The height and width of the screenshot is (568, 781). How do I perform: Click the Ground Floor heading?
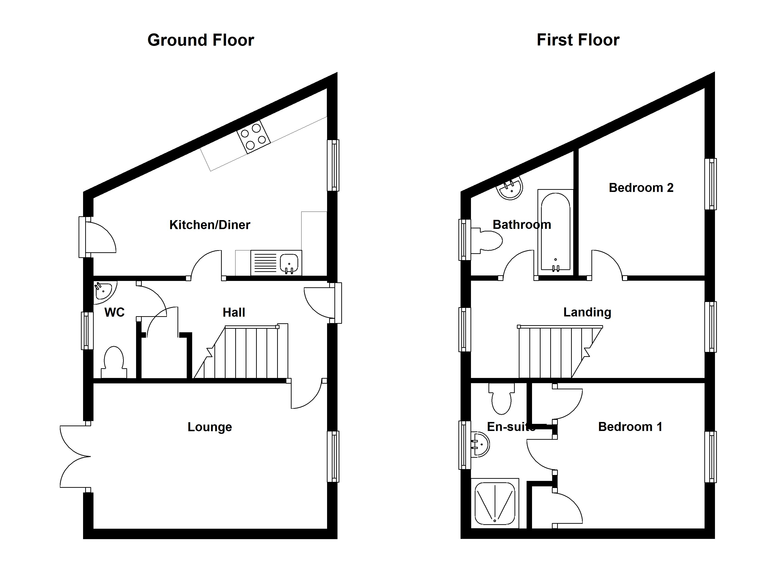click(200, 40)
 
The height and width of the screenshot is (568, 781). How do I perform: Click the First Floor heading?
click(578, 40)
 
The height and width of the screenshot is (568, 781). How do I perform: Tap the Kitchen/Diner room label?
click(209, 225)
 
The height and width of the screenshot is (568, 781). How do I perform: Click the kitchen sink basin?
click(289, 263)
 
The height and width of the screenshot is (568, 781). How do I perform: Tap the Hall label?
click(234, 312)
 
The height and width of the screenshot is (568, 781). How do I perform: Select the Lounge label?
click(209, 427)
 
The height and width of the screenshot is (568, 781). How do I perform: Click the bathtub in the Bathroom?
click(555, 232)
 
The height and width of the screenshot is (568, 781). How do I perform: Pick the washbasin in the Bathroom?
click(511, 189)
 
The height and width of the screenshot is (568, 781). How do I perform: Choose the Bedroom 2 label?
click(641, 188)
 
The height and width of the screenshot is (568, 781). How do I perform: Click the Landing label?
click(587, 312)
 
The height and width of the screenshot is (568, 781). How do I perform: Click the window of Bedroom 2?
click(710, 184)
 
